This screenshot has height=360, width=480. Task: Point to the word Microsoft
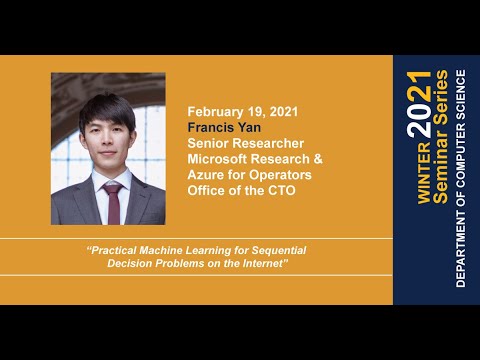tap(220, 159)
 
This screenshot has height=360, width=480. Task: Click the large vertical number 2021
tap(421, 103)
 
